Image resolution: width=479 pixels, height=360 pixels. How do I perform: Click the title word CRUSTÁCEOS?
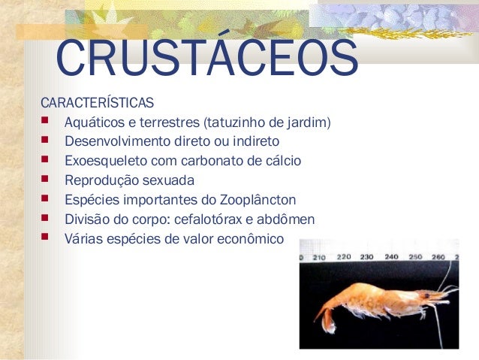coord(206,59)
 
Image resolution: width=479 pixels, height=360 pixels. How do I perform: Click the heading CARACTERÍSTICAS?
coord(98,101)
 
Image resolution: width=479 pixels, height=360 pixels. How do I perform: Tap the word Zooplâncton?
coord(258,200)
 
